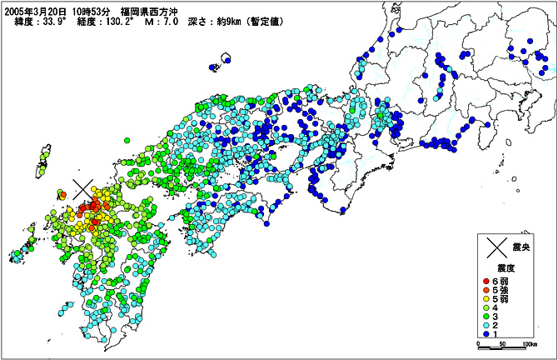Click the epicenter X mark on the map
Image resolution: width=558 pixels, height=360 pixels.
tap(82, 191)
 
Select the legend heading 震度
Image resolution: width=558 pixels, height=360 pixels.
tap(508, 268)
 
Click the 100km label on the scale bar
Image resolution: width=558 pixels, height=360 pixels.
tap(529, 343)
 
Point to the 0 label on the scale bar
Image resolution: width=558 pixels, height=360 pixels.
tap(479, 343)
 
